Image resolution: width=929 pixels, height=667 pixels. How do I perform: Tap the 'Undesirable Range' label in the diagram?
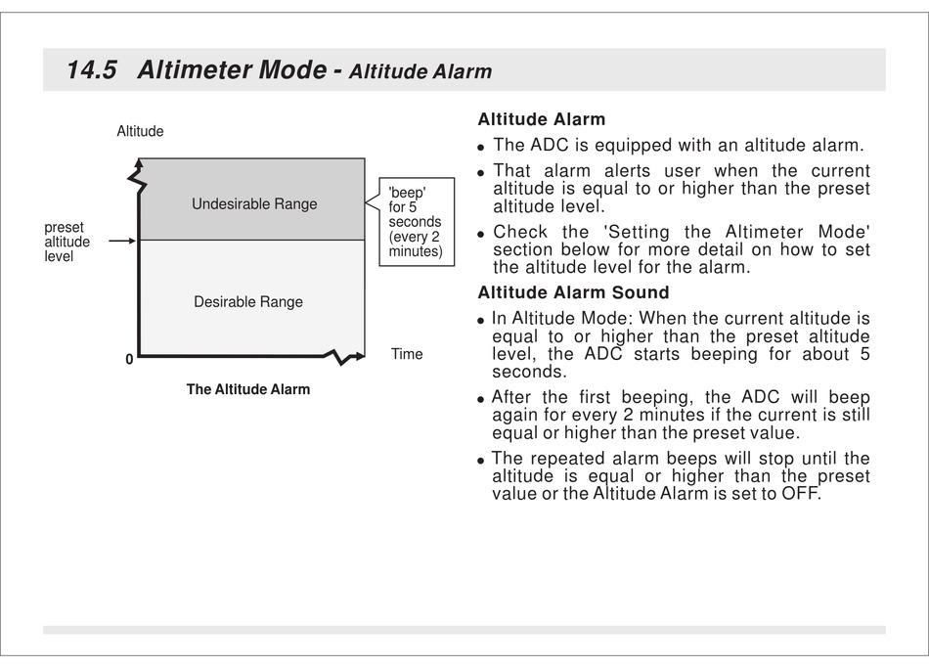click(x=254, y=204)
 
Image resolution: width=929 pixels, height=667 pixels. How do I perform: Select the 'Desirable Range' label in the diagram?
click(x=248, y=302)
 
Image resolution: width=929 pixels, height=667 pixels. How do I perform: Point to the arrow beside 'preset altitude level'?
click(x=121, y=241)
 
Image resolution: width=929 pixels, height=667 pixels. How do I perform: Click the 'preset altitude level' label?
click(x=67, y=242)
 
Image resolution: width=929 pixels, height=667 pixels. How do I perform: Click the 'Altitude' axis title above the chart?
click(x=140, y=131)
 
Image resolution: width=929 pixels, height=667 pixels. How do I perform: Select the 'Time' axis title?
click(x=407, y=354)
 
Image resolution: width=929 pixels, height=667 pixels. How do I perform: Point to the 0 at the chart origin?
click(x=128, y=360)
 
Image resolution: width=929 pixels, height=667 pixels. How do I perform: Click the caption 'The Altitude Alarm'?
click(x=248, y=389)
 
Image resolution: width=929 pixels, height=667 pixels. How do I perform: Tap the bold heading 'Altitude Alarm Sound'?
click(x=573, y=292)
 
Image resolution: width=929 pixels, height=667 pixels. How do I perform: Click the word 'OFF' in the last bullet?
click(x=799, y=494)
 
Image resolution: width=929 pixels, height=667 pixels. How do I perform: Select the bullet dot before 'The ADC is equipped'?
click(x=481, y=148)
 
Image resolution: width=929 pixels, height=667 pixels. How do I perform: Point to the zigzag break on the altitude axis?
click(x=138, y=181)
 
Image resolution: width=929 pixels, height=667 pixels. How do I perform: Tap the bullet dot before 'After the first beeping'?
click(x=481, y=399)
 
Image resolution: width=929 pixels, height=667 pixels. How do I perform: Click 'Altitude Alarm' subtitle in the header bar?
click(x=420, y=71)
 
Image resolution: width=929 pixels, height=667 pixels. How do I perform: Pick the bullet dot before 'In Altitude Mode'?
click(x=481, y=320)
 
